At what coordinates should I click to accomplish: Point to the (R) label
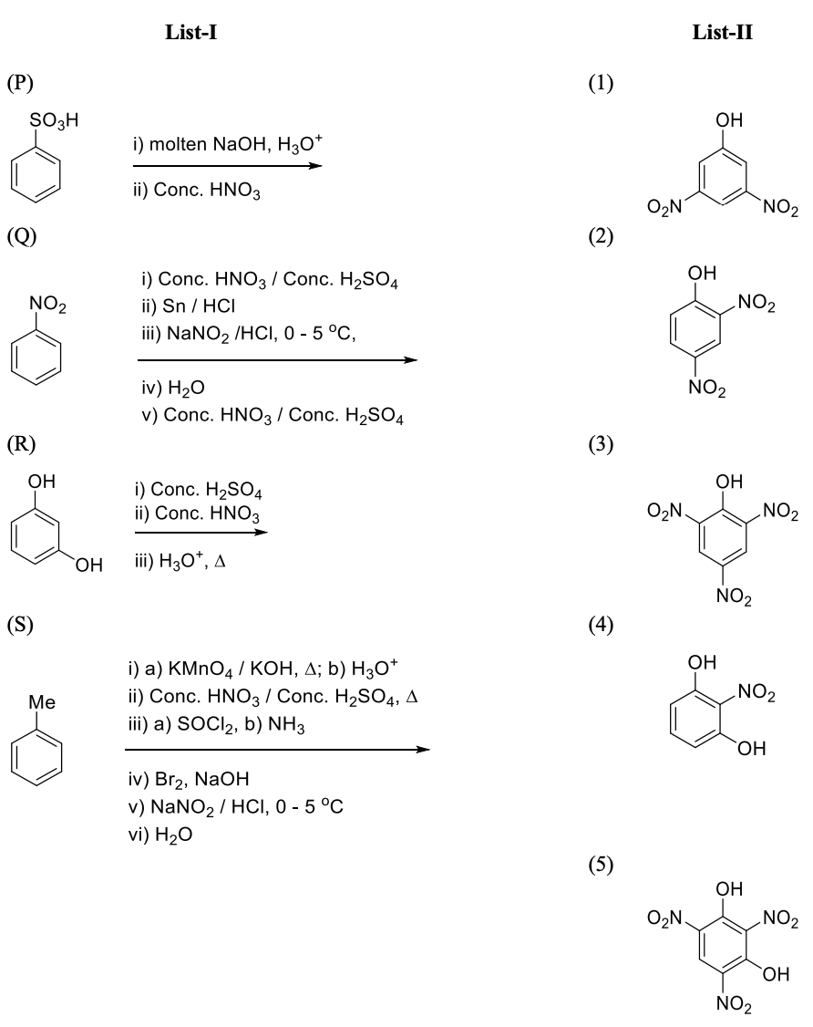pyautogui.click(x=19, y=447)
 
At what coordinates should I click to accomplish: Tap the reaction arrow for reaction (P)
pyautogui.click(x=228, y=166)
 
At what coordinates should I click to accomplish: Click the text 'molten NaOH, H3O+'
pyautogui.click(x=211, y=143)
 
